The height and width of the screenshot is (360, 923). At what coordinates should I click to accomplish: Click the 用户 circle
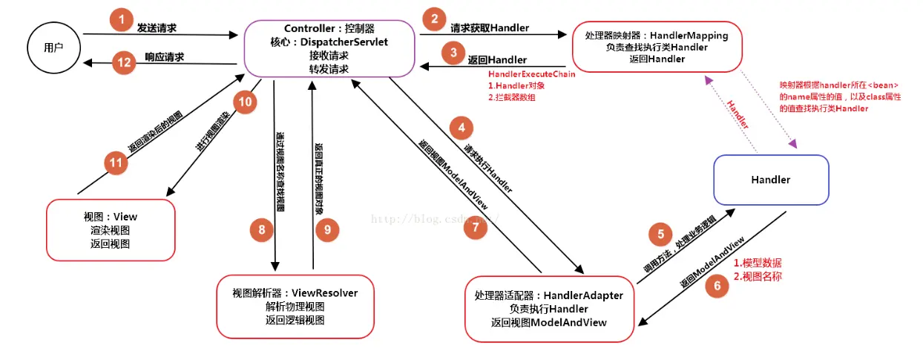pos(53,48)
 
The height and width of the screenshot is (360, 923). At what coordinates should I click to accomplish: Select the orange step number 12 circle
pos(125,62)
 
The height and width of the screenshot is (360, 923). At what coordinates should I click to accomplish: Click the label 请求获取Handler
pos(490,28)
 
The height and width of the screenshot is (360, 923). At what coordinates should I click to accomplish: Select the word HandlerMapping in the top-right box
pos(689,35)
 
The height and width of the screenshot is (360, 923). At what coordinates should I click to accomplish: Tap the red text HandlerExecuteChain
pos(531,74)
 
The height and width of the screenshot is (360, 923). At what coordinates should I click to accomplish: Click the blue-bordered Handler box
pos(770,180)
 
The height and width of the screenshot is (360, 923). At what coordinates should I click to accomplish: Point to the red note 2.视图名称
pos(757,276)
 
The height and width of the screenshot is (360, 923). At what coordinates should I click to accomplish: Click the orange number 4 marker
pos(461,128)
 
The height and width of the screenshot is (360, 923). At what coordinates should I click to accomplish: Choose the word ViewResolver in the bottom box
pos(325,292)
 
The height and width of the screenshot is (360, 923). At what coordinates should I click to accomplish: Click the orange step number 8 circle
pos(262,230)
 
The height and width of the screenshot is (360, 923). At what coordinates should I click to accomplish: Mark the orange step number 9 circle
pos(326,230)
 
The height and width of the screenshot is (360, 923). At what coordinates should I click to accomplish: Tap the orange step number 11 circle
pos(115,163)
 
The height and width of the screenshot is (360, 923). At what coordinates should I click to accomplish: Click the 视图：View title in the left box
pos(111,217)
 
